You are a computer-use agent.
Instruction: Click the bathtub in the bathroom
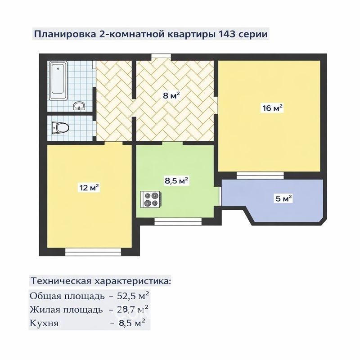pos(58,81)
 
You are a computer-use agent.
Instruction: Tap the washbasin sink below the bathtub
pos(80,106)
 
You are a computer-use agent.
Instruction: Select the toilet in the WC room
pos(60,127)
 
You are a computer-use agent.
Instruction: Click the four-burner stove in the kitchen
pos(152,199)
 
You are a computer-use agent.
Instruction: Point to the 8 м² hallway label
pos(171,95)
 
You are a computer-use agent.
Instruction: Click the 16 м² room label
pos(272,108)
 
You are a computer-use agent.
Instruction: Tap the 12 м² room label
pos(89,187)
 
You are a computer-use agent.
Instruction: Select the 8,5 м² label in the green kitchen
pos(176,181)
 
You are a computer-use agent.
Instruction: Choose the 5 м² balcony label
pos(284,198)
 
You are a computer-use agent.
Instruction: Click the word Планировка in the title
pos(65,35)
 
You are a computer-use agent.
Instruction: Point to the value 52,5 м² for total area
pos(133,296)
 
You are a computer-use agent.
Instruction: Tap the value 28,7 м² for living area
pos(132,309)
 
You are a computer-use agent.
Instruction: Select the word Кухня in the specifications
pos(44,323)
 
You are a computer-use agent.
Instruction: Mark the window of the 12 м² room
pos(93,252)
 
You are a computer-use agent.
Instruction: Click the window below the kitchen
pos(178,221)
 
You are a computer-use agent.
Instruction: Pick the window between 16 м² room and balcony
pos(260,175)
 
